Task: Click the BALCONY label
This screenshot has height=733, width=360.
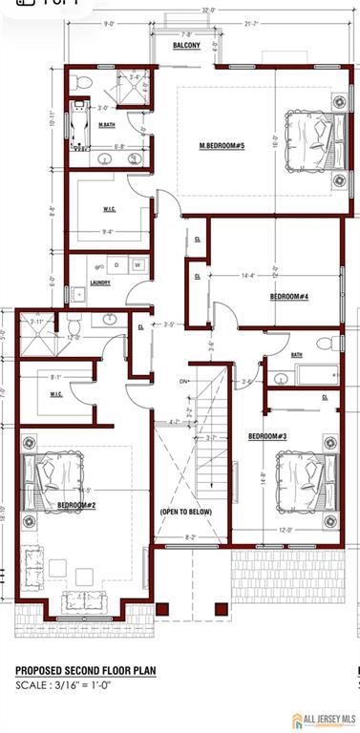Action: pos(185,45)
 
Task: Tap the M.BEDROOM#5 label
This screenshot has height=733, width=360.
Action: pos(222,145)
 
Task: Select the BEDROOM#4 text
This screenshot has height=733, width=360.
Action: pos(287,296)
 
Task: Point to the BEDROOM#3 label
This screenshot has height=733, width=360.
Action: pos(268,436)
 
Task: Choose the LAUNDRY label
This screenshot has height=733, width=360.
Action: pos(100,283)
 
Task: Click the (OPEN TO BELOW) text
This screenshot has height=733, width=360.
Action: pos(188,513)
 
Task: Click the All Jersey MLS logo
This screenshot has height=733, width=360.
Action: pos(324,718)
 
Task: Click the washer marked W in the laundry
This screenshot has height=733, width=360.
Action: pos(138,264)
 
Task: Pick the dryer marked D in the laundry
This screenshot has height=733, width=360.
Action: pos(116,264)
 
